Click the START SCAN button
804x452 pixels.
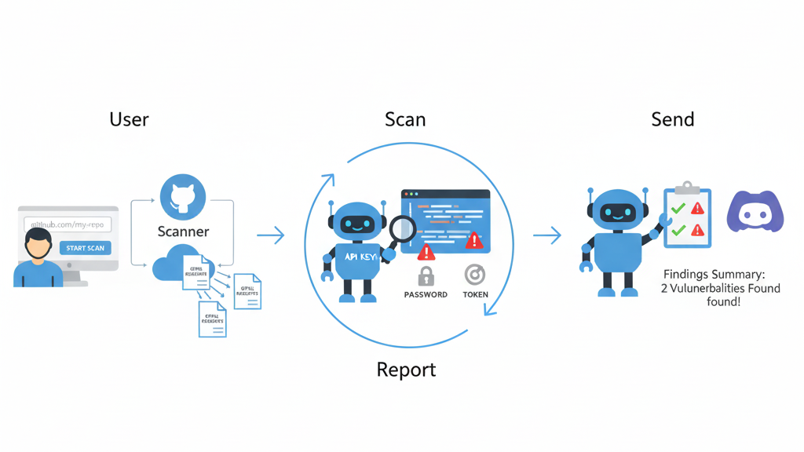point(85,248)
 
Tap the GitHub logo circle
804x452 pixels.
point(183,198)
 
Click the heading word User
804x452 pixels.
point(130,119)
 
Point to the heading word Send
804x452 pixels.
point(673,119)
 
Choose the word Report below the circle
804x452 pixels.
point(406,369)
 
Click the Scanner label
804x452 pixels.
point(183,231)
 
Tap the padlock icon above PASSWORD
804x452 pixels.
point(426,275)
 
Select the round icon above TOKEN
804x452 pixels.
point(474,275)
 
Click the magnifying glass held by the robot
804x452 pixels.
point(403,228)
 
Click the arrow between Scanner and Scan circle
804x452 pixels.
point(271,235)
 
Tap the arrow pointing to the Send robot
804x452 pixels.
point(547,235)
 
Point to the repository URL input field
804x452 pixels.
point(68,224)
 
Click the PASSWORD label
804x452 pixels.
point(426,295)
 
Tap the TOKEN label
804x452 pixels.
point(475,295)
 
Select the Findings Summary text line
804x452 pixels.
point(714,275)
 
